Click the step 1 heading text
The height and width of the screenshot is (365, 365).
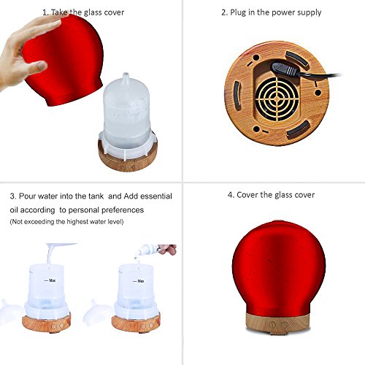click(83, 12)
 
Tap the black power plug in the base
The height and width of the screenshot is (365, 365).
click(285, 69)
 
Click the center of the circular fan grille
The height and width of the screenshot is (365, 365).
click(277, 99)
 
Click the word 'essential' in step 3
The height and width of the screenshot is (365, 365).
click(156, 196)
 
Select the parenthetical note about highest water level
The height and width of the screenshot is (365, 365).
click(66, 222)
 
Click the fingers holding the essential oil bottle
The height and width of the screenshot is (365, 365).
click(167, 249)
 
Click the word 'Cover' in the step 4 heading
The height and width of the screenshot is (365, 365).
click(247, 195)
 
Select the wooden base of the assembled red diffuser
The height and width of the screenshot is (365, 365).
click(277, 323)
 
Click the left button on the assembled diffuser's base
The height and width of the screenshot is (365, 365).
click(272, 324)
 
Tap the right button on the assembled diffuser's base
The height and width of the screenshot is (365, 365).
click(284, 325)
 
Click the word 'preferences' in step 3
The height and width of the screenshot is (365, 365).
click(123, 210)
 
